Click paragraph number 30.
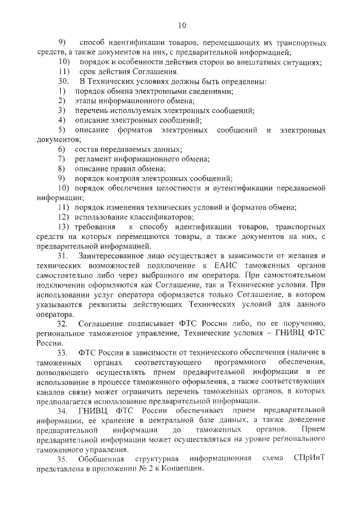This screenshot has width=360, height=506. coord(64,82)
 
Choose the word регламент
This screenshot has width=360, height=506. coord(93,159)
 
